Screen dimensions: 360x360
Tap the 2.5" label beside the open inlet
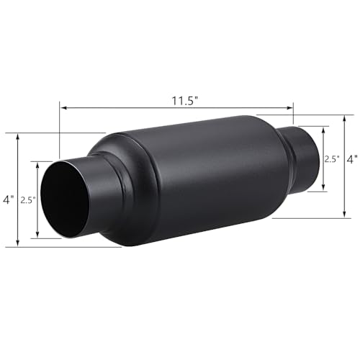coord(28,199)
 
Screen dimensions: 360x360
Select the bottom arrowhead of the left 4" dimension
coord(17,245)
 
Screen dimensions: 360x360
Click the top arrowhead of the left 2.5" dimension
coord(37,164)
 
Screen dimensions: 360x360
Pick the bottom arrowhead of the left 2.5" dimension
coord(37,235)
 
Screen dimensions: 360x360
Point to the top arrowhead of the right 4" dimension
coord(343,114)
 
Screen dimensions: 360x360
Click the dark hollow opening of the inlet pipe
coord(65,203)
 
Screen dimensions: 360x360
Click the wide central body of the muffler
coord(194,180)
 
